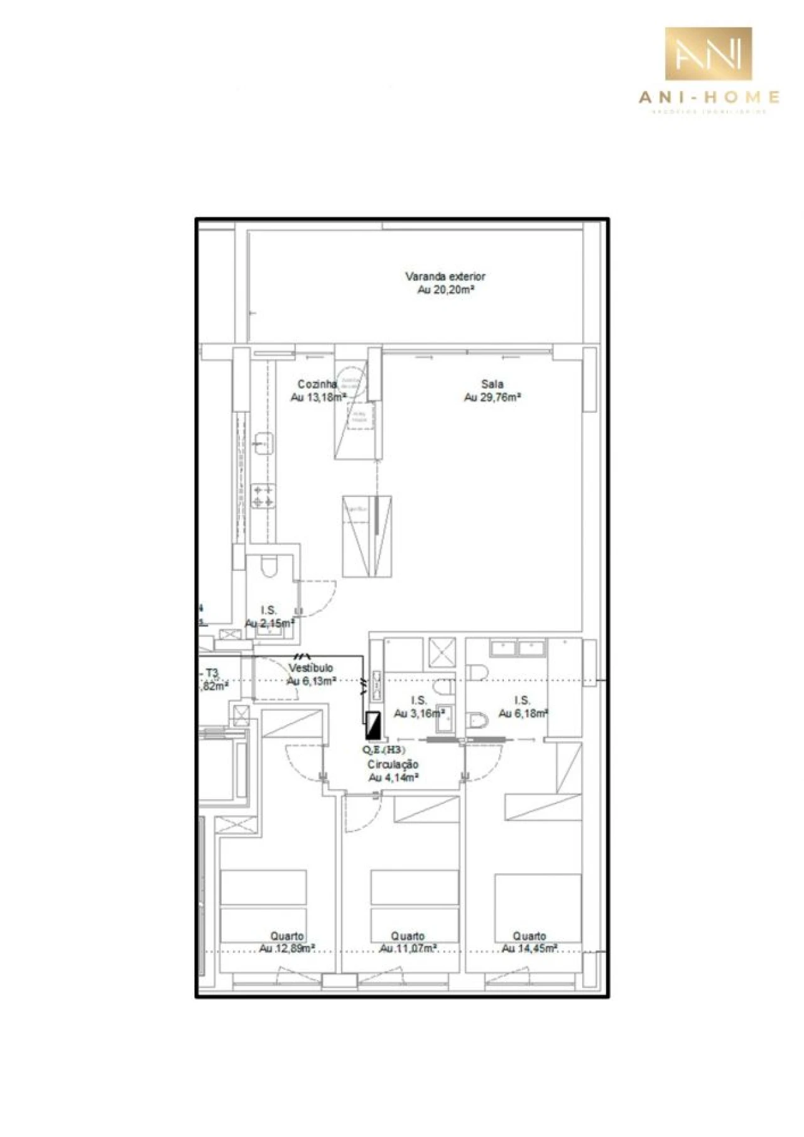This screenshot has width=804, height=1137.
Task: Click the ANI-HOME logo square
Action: coord(708,53)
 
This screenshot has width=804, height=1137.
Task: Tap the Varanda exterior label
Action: coord(445,276)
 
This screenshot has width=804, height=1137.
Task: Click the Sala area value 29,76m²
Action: coord(492,398)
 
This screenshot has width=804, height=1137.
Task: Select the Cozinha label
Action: coord(317,384)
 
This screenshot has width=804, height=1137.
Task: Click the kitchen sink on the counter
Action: coord(263,442)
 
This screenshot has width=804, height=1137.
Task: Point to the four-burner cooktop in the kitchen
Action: coord(263,496)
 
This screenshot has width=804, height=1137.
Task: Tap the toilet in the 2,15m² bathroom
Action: coord(268,567)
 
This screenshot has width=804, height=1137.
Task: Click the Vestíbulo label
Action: coord(311,668)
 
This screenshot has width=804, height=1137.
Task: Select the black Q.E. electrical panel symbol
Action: coord(373,725)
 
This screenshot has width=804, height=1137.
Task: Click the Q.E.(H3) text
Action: coord(384,750)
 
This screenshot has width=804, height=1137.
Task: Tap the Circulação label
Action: coord(393,764)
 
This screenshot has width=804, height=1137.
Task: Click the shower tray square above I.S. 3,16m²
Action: coord(442,652)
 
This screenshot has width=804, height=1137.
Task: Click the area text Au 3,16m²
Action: coord(419,714)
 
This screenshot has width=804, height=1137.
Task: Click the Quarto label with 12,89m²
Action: coord(287,936)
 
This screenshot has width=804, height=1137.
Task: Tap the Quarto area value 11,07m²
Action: coord(408,949)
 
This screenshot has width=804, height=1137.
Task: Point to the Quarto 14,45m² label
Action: coord(529,936)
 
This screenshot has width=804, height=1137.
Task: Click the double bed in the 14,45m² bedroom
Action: coord(537,905)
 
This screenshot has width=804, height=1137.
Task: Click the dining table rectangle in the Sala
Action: coord(367,536)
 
